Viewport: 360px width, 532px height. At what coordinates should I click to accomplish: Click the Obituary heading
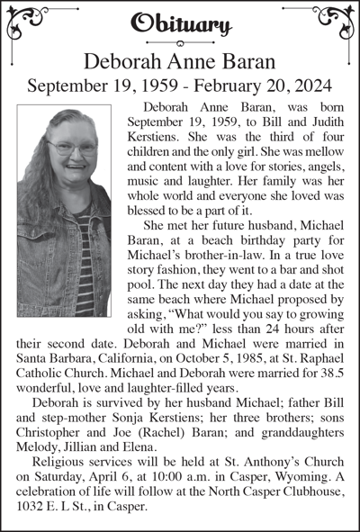tap(181, 23)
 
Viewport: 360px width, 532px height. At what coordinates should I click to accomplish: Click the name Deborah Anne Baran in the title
tap(180, 60)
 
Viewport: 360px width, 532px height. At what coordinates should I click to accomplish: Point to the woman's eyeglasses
tap(73, 147)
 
